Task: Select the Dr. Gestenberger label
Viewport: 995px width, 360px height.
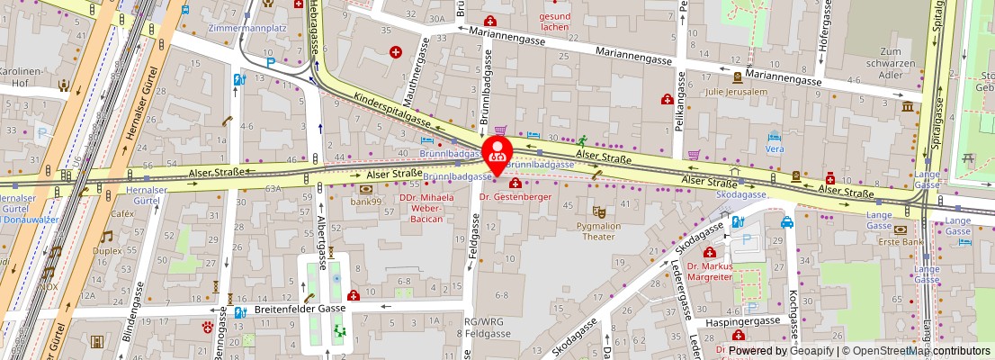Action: click(515, 196)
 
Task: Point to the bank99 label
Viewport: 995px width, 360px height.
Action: click(367, 201)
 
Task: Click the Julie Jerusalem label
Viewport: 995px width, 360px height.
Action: click(737, 91)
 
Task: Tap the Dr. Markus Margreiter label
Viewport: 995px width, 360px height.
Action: click(711, 272)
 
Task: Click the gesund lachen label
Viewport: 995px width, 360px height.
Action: click(554, 22)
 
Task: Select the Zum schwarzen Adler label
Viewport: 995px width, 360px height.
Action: click(901, 64)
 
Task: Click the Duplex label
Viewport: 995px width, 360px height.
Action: click(107, 251)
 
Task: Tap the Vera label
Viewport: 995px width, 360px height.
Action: click(774, 148)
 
